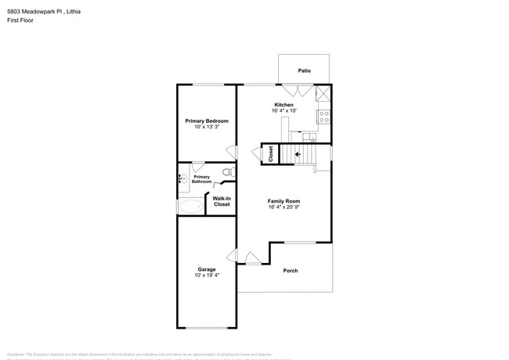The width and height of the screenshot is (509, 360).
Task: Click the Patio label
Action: (x=305, y=71)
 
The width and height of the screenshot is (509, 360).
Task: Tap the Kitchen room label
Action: (x=283, y=105)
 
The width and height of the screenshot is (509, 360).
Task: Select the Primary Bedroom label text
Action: (x=207, y=121)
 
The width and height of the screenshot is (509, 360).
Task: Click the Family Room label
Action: (x=283, y=202)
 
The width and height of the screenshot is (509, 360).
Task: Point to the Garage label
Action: (x=206, y=269)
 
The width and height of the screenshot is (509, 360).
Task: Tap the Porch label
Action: (x=290, y=271)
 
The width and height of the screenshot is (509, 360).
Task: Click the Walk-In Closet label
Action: (x=222, y=201)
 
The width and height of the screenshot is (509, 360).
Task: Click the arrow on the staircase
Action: (x=297, y=154)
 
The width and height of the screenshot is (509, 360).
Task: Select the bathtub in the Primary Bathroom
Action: (x=190, y=207)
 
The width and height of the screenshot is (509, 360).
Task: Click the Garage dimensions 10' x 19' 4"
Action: (x=206, y=275)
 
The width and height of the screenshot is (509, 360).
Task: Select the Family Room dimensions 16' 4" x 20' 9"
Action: (x=283, y=208)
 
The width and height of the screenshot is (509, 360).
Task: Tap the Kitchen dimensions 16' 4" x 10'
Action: (x=283, y=111)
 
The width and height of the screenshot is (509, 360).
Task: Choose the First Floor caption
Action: (x=17, y=21)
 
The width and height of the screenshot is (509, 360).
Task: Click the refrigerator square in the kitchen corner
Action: (x=323, y=94)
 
